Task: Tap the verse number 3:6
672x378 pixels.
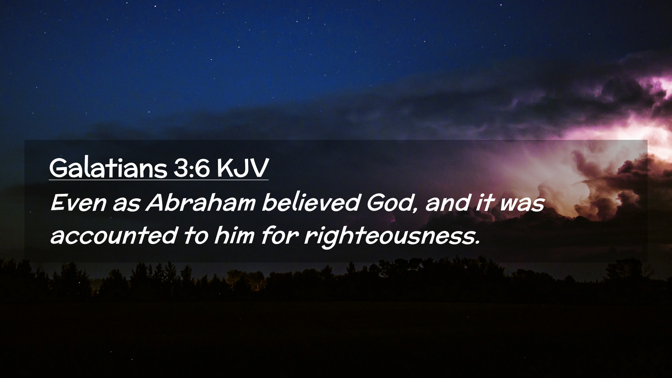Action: click(191, 168)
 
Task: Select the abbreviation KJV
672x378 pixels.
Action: click(243, 168)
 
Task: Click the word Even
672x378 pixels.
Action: click(78, 203)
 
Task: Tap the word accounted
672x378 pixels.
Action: click(114, 235)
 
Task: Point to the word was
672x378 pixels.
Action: click(522, 204)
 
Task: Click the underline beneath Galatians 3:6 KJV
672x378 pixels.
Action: click(159, 180)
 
